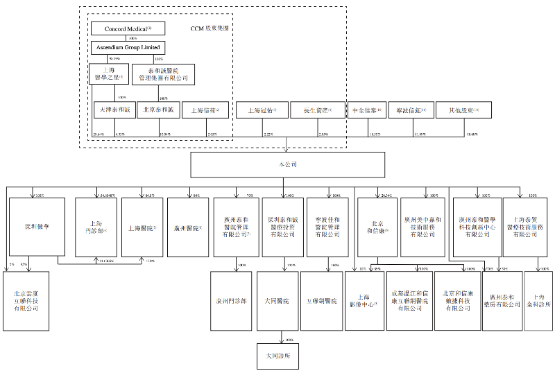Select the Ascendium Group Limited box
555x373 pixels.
pyautogui.click(x=128, y=48)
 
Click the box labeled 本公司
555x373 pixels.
pyautogui.click(x=287, y=165)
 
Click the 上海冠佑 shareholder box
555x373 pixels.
pyautogui.click(x=261, y=110)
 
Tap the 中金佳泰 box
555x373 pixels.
pyautogui.click(x=365, y=110)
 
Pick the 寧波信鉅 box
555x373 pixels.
pyautogui.click(x=411, y=110)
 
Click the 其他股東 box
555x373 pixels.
pyautogui.click(x=458, y=110)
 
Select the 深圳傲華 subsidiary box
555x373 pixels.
pyautogui.click(x=37, y=227)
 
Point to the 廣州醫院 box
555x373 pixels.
pyautogui.click(x=187, y=227)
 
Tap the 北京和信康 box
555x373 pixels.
pyautogui.click(x=375, y=227)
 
